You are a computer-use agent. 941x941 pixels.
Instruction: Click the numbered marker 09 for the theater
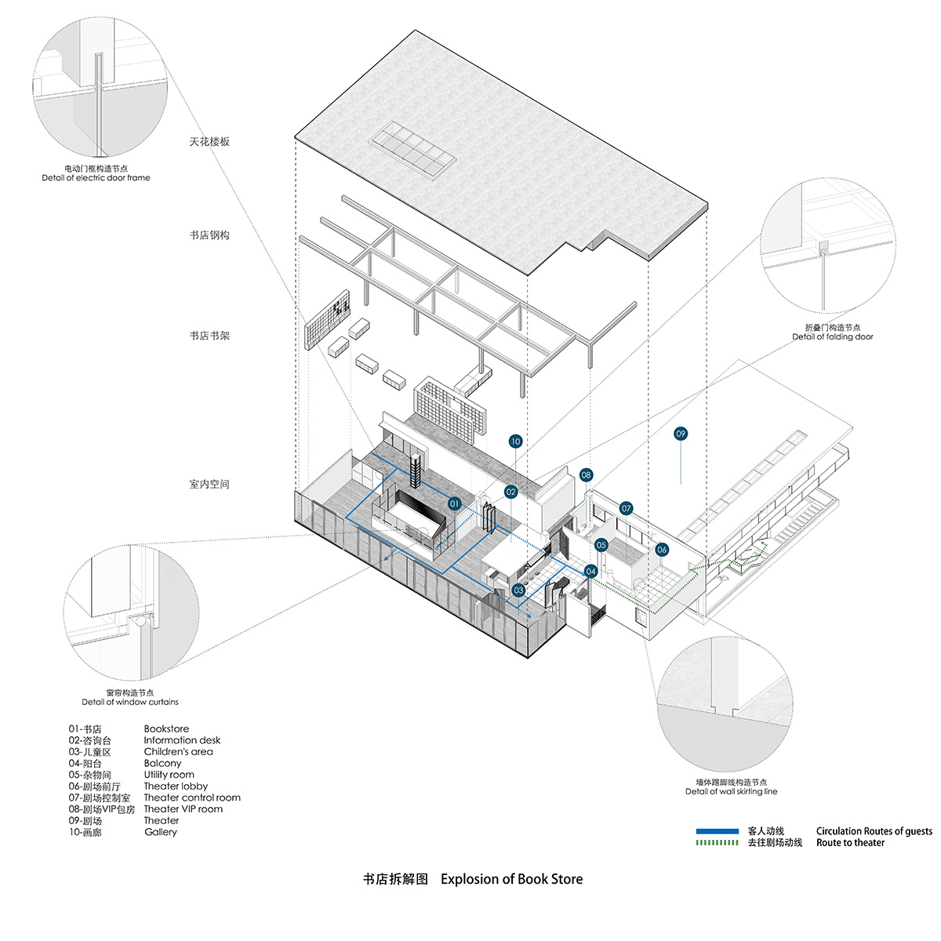[681, 434]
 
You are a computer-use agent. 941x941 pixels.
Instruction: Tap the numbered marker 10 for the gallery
[515, 441]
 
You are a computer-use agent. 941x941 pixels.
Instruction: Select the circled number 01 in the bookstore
[455, 504]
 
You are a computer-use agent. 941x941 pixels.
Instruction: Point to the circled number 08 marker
[587, 475]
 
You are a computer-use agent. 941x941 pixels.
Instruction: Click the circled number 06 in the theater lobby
[662, 550]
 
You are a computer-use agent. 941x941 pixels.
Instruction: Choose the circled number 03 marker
[518, 590]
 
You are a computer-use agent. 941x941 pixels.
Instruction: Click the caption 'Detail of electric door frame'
[96, 178]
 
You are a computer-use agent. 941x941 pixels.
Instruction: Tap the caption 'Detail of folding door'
[832, 337]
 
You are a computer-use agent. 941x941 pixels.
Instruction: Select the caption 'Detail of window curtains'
[130, 702]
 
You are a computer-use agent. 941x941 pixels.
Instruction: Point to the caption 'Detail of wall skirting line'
[731, 791]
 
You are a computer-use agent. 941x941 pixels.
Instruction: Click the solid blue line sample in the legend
[717, 831]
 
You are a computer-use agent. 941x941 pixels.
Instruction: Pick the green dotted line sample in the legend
[717, 843]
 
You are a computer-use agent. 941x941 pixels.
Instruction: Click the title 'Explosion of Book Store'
[511, 879]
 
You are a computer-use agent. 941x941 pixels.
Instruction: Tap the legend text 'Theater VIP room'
[183, 809]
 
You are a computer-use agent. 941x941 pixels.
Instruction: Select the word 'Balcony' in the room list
[162, 763]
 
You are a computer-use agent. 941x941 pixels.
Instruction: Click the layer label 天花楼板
[209, 142]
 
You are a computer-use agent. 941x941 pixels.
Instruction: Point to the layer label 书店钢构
[209, 235]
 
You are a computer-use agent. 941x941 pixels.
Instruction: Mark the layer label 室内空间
[209, 485]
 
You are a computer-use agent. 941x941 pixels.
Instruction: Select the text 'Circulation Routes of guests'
[874, 831]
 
